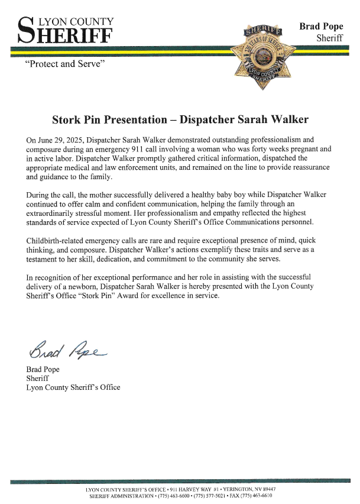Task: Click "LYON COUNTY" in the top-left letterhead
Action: (x=75, y=21)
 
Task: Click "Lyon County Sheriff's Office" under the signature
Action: (x=73, y=387)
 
